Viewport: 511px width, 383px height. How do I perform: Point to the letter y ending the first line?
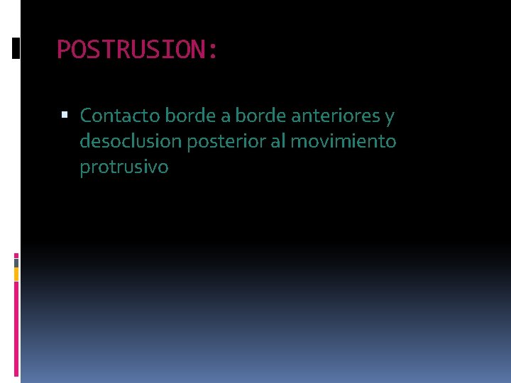pos(390,117)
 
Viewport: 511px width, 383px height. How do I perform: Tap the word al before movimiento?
pos(280,141)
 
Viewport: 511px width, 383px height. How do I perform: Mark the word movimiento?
pos(344,141)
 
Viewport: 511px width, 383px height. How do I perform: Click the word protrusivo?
pos(124,168)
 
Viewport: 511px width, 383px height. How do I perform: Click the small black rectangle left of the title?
pos(16,48)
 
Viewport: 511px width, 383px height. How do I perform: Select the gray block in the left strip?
pos(16,263)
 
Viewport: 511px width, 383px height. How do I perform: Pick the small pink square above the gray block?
pos(16,255)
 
